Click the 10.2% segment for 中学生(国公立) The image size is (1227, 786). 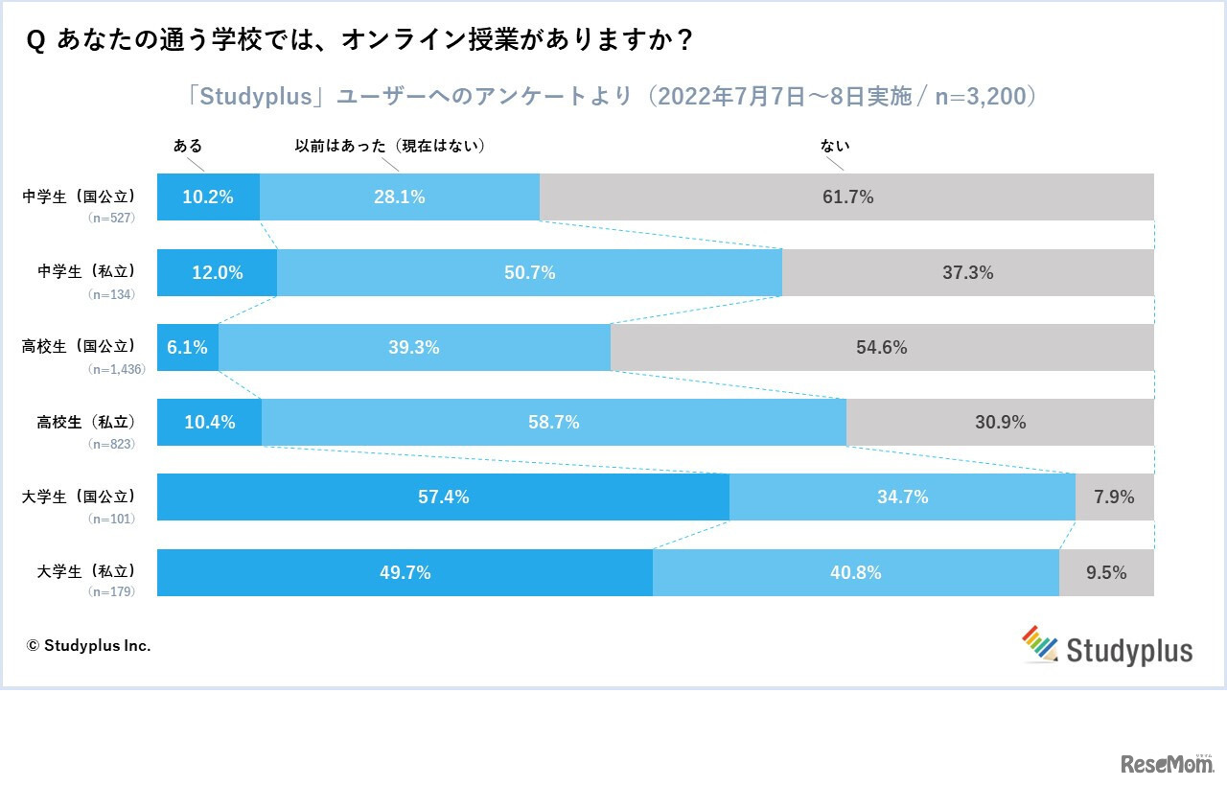pos(208,197)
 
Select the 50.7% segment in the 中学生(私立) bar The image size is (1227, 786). pos(529,272)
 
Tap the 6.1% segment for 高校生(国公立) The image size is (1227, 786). pos(188,347)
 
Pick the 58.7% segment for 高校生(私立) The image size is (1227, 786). pos(554,422)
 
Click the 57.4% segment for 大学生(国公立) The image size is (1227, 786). pos(443,497)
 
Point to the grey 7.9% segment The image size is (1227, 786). pos(1114,497)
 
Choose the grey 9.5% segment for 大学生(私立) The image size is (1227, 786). pos(1106,572)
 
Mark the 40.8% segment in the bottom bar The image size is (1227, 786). pos(855,572)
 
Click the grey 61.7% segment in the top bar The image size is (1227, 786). pos(847,197)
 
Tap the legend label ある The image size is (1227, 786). pos(188,146)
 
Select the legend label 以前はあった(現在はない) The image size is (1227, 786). pos(389,146)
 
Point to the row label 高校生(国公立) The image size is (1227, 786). pos(79,346)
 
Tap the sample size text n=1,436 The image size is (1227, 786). pos(116,369)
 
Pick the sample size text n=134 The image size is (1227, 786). pos(111,294)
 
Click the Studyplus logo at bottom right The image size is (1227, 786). pos(1107,647)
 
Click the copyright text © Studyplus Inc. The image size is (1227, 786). pos(88,645)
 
